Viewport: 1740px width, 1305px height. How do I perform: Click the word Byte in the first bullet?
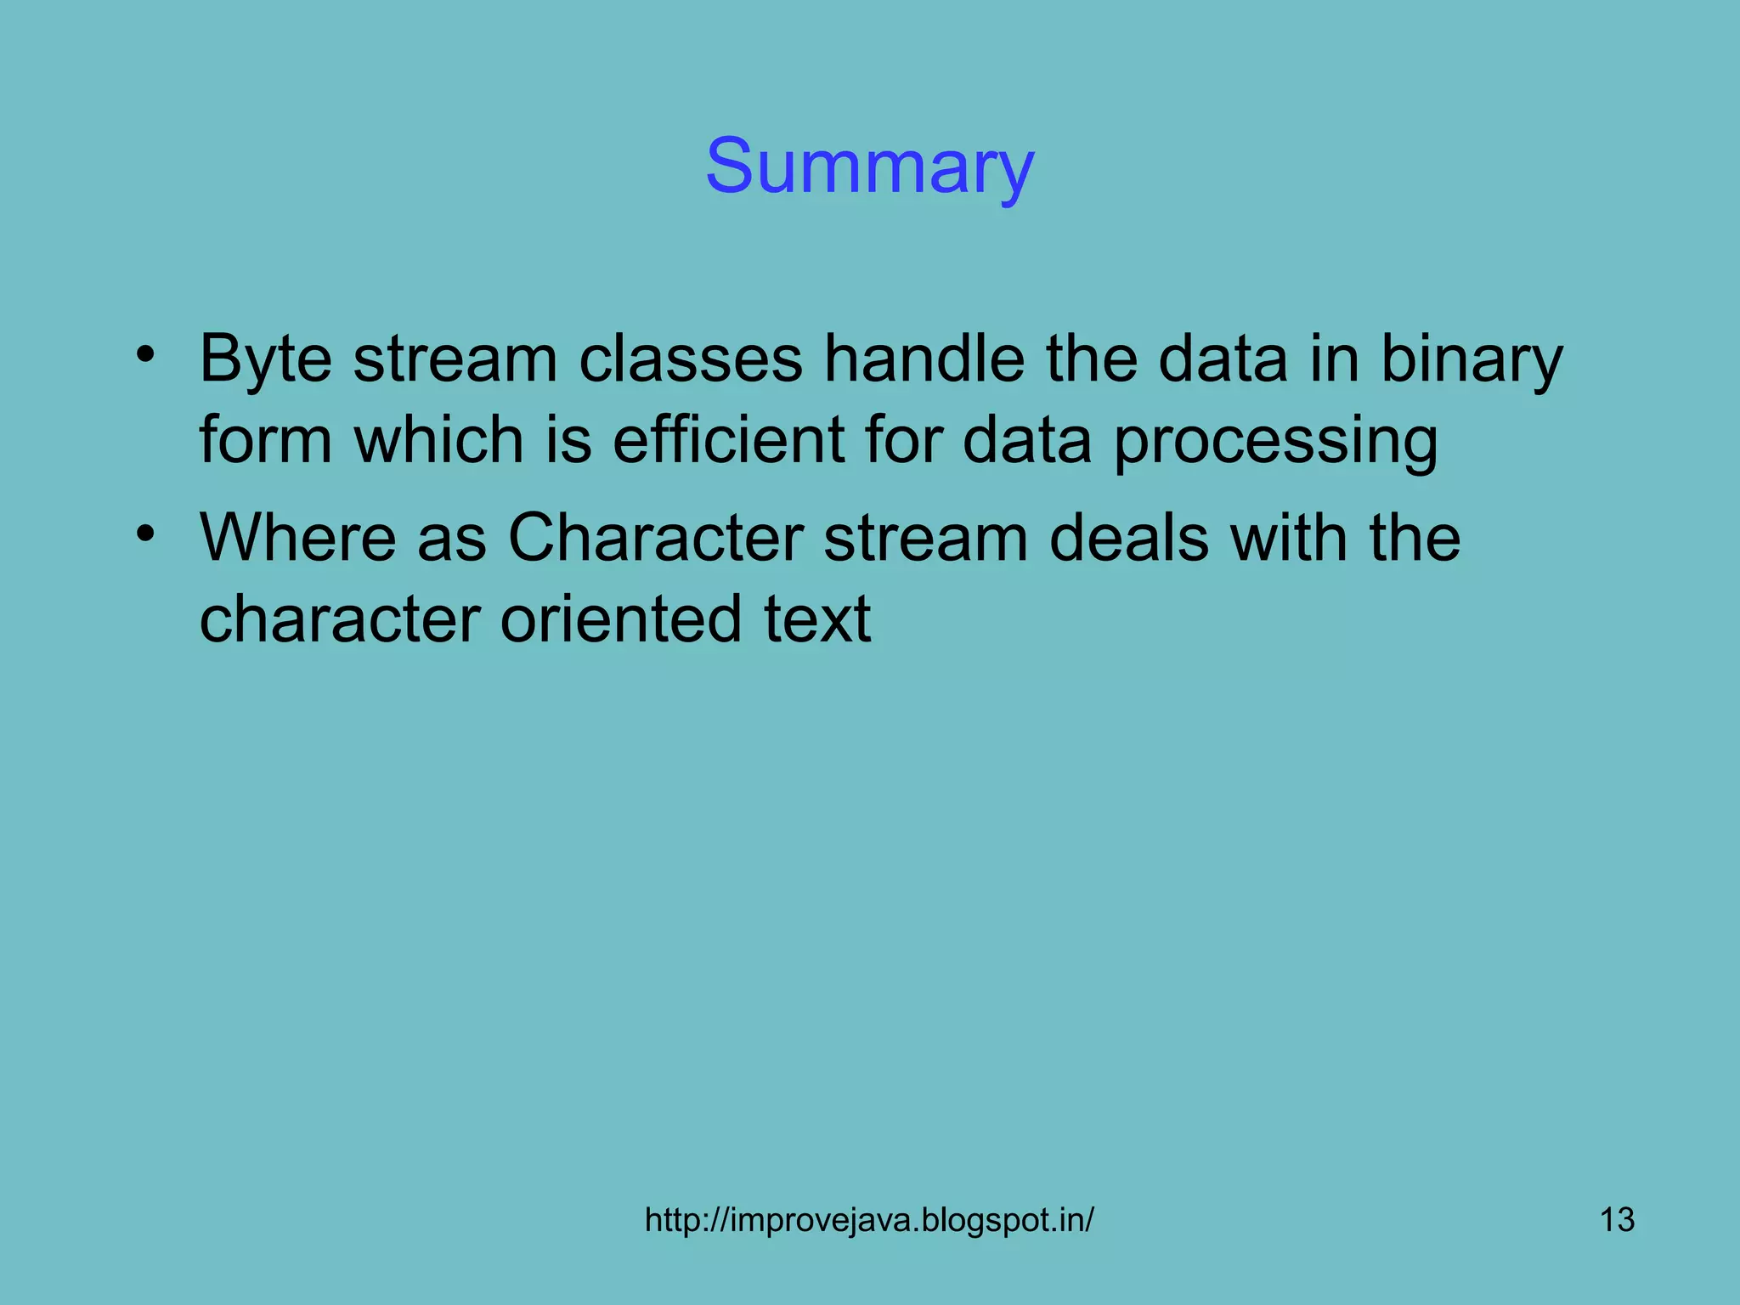click(x=265, y=360)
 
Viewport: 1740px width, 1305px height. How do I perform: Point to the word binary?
click(x=1471, y=360)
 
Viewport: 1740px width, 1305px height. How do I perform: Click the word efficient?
click(x=728, y=440)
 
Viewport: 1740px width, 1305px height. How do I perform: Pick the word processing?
click(x=1275, y=442)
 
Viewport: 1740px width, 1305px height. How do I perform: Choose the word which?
click(x=438, y=440)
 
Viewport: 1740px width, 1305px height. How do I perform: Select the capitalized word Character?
click(x=655, y=538)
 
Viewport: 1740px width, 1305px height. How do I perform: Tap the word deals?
click(x=1128, y=538)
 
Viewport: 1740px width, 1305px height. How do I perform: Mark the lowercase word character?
click(x=340, y=619)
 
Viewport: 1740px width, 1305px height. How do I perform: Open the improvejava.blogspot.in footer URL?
click(x=869, y=1220)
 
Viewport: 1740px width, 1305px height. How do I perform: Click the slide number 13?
click(x=1617, y=1220)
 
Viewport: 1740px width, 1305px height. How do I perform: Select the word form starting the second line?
click(x=265, y=440)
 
